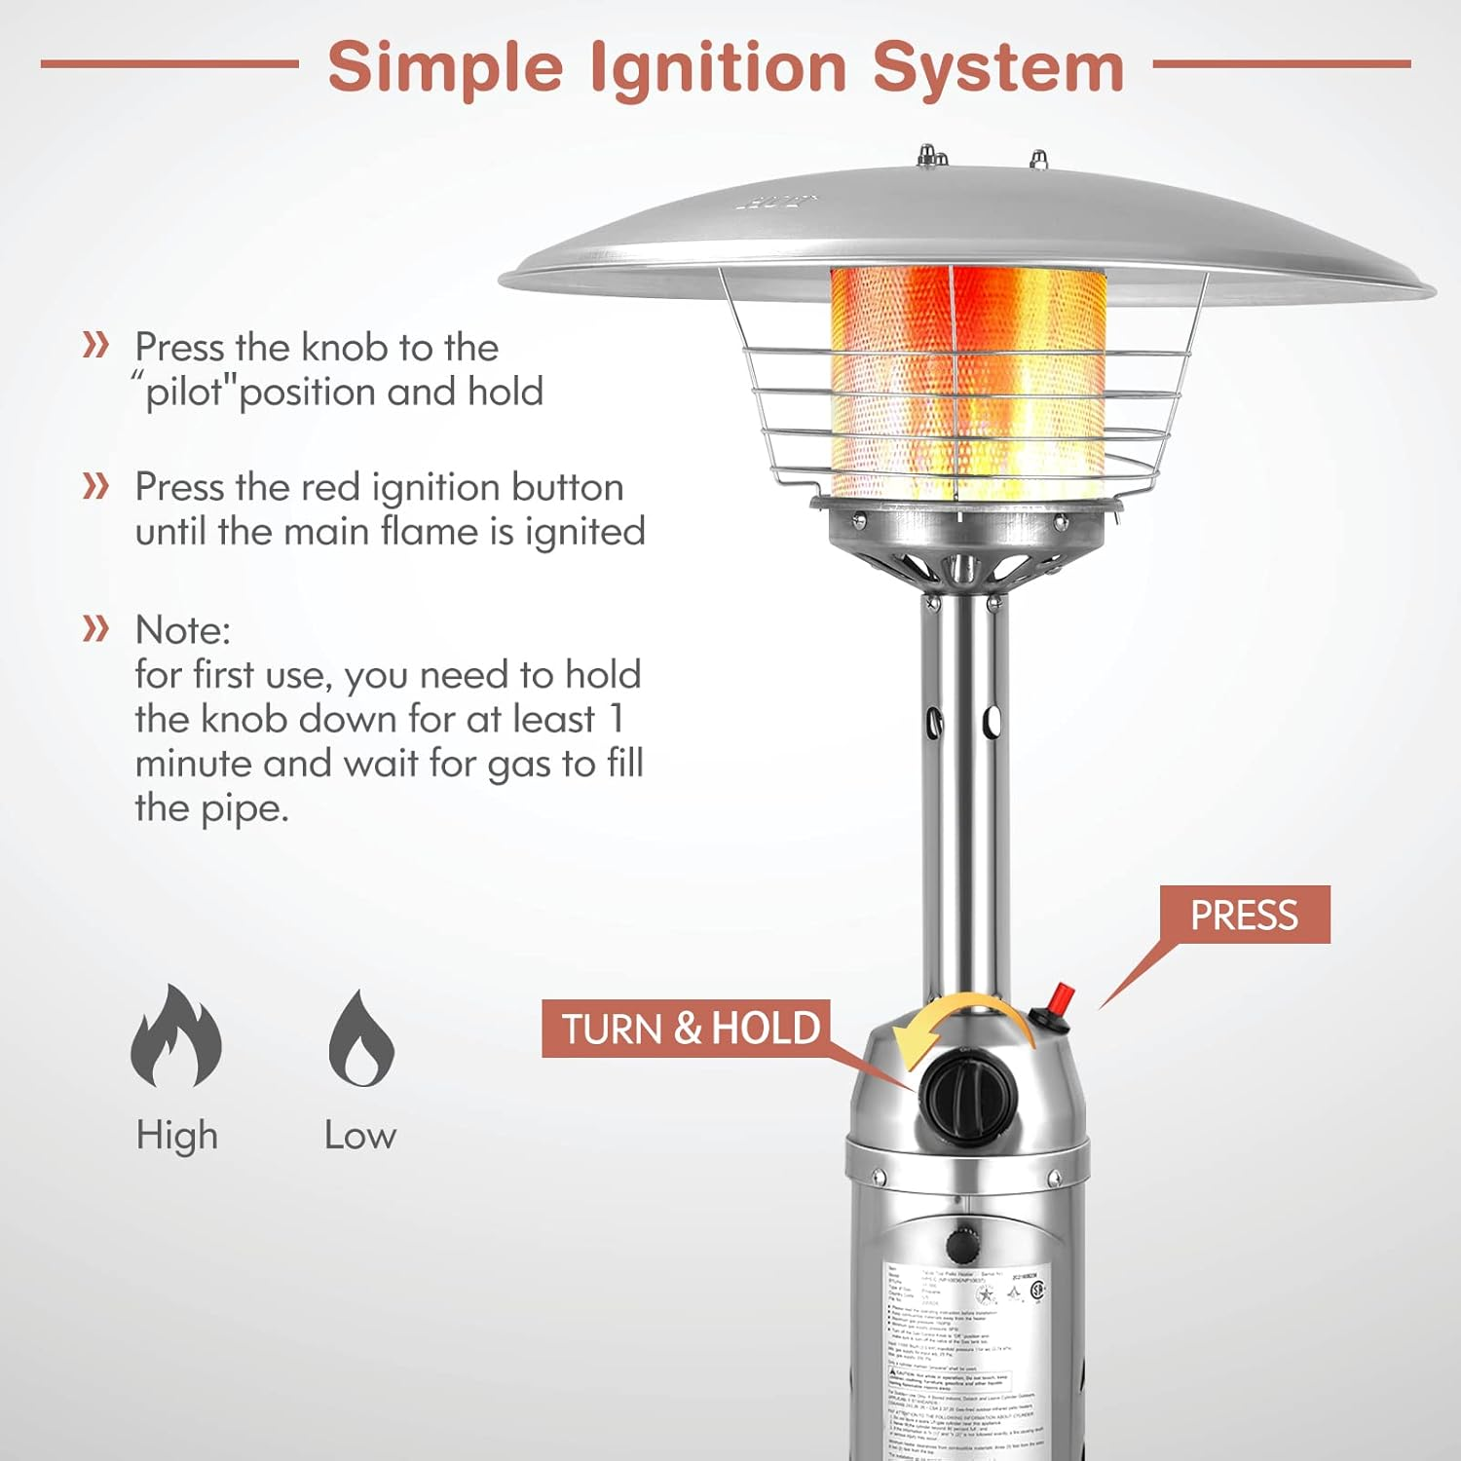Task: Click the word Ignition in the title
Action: coord(718,68)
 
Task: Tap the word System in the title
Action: coord(998,68)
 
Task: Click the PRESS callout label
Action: coord(1244,915)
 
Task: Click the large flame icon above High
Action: coord(176,1036)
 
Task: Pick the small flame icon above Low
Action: coord(360,1039)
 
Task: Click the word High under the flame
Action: coord(176,1136)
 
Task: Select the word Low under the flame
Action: coord(360,1136)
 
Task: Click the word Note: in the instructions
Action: coord(182,630)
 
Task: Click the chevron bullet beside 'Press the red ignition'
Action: coord(95,485)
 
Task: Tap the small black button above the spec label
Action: coord(962,1244)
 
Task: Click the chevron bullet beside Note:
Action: coord(95,628)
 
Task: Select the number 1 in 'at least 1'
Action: coord(616,719)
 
